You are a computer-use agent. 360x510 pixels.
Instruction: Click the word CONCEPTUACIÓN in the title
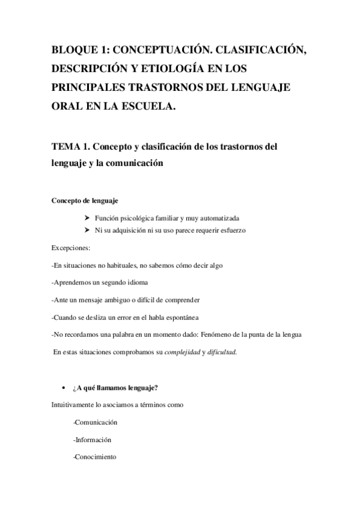click(x=172, y=50)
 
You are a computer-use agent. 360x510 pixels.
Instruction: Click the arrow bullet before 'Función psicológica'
click(x=88, y=218)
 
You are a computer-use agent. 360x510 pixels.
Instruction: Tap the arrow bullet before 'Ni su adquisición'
click(x=88, y=230)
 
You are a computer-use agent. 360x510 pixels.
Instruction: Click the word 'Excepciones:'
click(x=71, y=248)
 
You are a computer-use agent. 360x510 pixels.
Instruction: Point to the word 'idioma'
click(x=136, y=282)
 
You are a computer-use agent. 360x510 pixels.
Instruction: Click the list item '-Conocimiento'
click(x=94, y=457)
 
